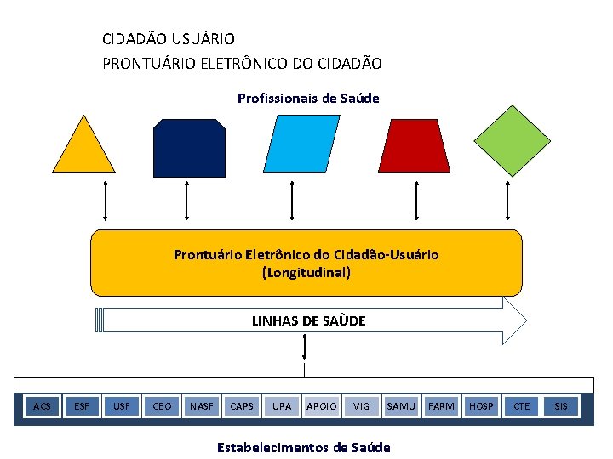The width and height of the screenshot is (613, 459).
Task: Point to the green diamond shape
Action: point(512,141)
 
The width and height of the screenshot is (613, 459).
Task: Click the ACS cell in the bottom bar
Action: point(42,406)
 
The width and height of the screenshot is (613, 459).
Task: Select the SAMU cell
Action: point(401,406)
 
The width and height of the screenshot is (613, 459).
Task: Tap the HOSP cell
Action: point(481,406)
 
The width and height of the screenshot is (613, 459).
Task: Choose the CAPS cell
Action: point(242,406)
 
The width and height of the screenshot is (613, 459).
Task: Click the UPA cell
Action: point(282,406)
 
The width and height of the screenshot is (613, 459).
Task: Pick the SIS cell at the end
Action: point(561,406)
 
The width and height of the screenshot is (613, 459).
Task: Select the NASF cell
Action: point(202,406)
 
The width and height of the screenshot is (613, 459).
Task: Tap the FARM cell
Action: point(441,406)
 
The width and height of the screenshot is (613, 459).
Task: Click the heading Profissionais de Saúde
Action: point(308,99)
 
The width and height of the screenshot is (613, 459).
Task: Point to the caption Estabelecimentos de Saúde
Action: point(304,447)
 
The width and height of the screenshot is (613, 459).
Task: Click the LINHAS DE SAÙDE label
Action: point(308,320)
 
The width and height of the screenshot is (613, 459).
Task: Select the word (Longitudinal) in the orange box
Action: point(306,273)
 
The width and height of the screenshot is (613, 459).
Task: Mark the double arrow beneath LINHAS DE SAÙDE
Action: point(305,347)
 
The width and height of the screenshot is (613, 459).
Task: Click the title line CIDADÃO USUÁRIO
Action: point(169,39)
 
